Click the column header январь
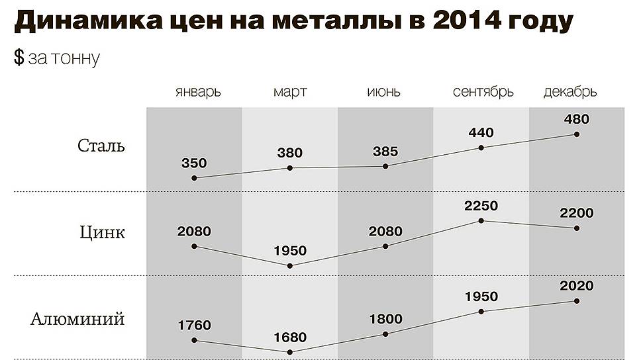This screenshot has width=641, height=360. tap(199, 92)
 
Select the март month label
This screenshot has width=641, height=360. tap(290, 92)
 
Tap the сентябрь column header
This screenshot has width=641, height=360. tap(483, 92)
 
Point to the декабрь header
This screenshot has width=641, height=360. tap(570, 92)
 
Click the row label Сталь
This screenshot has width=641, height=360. tap(101, 146)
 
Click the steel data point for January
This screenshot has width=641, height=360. tap(194, 178)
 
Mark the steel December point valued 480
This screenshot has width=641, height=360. tap(577, 134)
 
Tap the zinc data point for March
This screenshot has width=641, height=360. tap(290, 265)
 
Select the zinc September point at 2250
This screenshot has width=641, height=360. tap(481, 220)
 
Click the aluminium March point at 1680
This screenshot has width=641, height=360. tap(290, 351)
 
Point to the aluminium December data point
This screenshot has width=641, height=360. tap(577, 301)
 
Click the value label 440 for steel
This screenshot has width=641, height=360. tap(481, 132)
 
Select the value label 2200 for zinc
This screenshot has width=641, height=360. tap(577, 213)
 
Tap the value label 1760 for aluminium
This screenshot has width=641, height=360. tap(194, 325)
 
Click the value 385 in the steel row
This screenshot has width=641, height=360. tap(385, 152)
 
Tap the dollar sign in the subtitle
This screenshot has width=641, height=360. tap(19, 58)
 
